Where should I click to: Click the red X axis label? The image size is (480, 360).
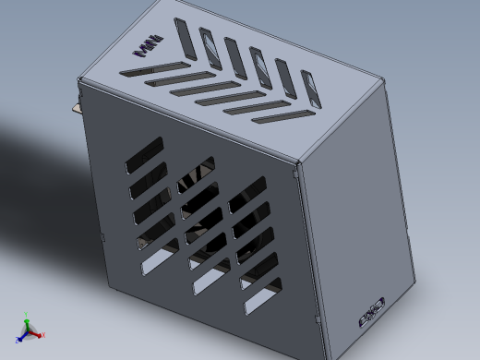tap(43, 334)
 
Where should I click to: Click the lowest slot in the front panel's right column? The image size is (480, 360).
tap(261, 294)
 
